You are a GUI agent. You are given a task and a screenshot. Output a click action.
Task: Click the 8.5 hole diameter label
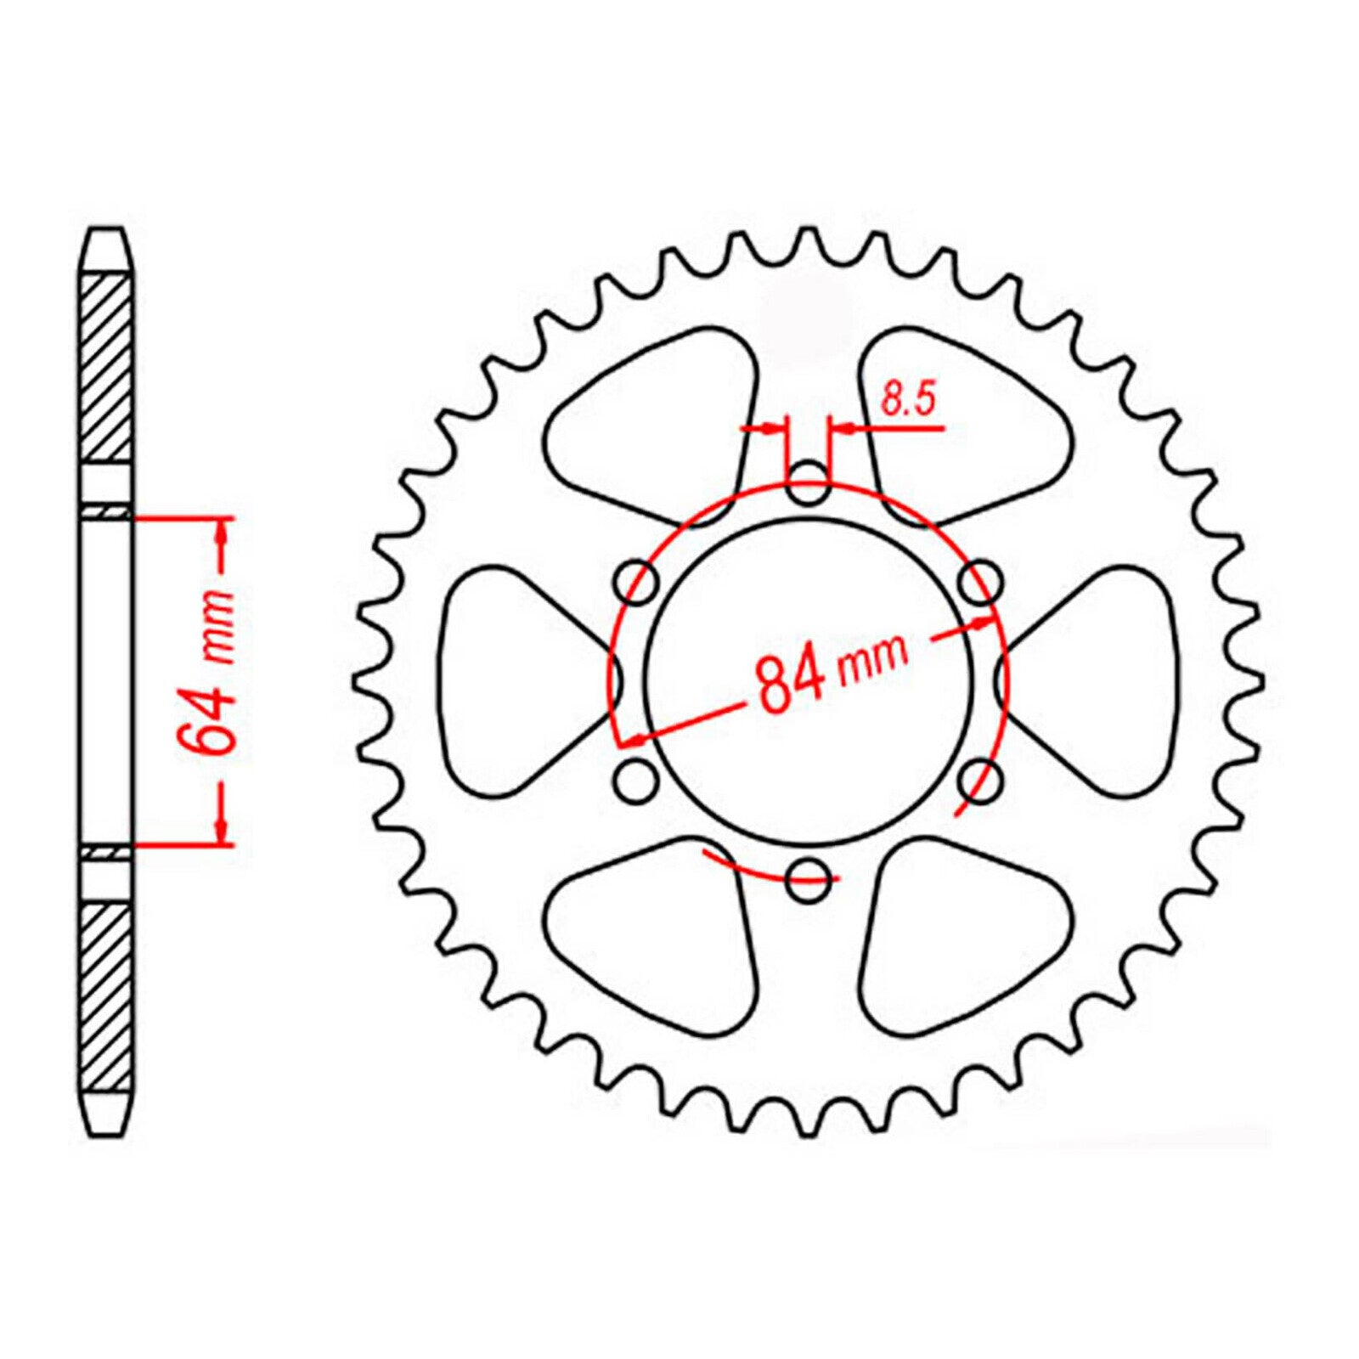pyautogui.click(x=907, y=398)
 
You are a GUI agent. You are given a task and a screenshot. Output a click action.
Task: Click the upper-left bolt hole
pyautogui.click(x=639, y=583)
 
